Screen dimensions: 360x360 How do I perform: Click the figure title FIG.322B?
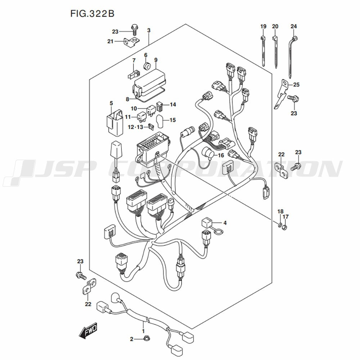92,14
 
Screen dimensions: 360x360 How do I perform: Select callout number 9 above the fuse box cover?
156,60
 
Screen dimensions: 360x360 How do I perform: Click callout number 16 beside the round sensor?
221,156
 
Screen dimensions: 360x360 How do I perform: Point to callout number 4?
225,223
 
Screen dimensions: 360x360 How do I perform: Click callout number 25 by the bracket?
296,85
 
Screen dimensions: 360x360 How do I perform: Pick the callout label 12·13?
135,127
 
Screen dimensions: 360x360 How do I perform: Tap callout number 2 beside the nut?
131,339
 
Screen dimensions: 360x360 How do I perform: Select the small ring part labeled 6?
147,66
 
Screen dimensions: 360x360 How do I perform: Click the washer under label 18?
280,225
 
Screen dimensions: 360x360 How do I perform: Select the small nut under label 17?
285,228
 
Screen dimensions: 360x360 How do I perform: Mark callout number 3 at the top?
149,31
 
